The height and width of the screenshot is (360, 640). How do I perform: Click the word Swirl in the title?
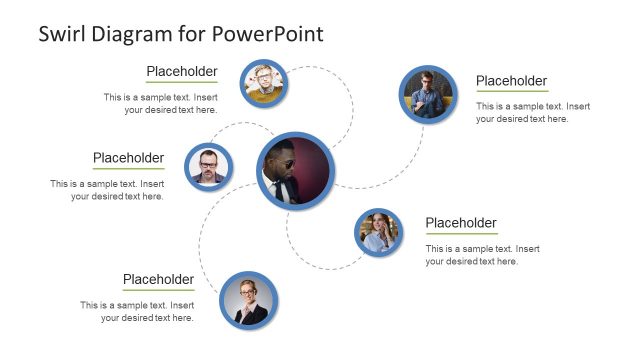click(x=63, y=33)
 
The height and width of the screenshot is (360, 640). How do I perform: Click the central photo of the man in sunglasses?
click(x=293, y=170)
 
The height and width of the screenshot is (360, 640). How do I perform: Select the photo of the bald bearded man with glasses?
click(x=209, y=166)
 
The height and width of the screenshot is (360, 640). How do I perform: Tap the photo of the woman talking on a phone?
click(x=379, y=234)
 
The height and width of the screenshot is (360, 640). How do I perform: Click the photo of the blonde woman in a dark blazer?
click(x=247, y=301)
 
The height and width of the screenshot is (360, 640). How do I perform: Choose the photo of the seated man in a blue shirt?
click(x=428, y=94)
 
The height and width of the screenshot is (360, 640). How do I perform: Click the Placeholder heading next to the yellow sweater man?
click(x=182, y=71)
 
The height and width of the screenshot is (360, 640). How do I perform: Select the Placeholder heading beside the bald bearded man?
click(x=128, y=158)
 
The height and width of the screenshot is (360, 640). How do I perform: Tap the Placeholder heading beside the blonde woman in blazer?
click(x=158, y=279)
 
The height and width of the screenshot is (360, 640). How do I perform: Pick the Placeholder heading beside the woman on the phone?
click(x=461, y=222)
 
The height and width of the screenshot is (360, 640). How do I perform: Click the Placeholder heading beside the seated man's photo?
click(x=511, y=81)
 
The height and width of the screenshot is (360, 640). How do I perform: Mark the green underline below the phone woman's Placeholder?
click(x=461, y=234)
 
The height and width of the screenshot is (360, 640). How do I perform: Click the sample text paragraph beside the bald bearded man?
click(x=108, y=190)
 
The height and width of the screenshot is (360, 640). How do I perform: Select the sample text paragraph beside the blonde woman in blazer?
click(x=138, y=311)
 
